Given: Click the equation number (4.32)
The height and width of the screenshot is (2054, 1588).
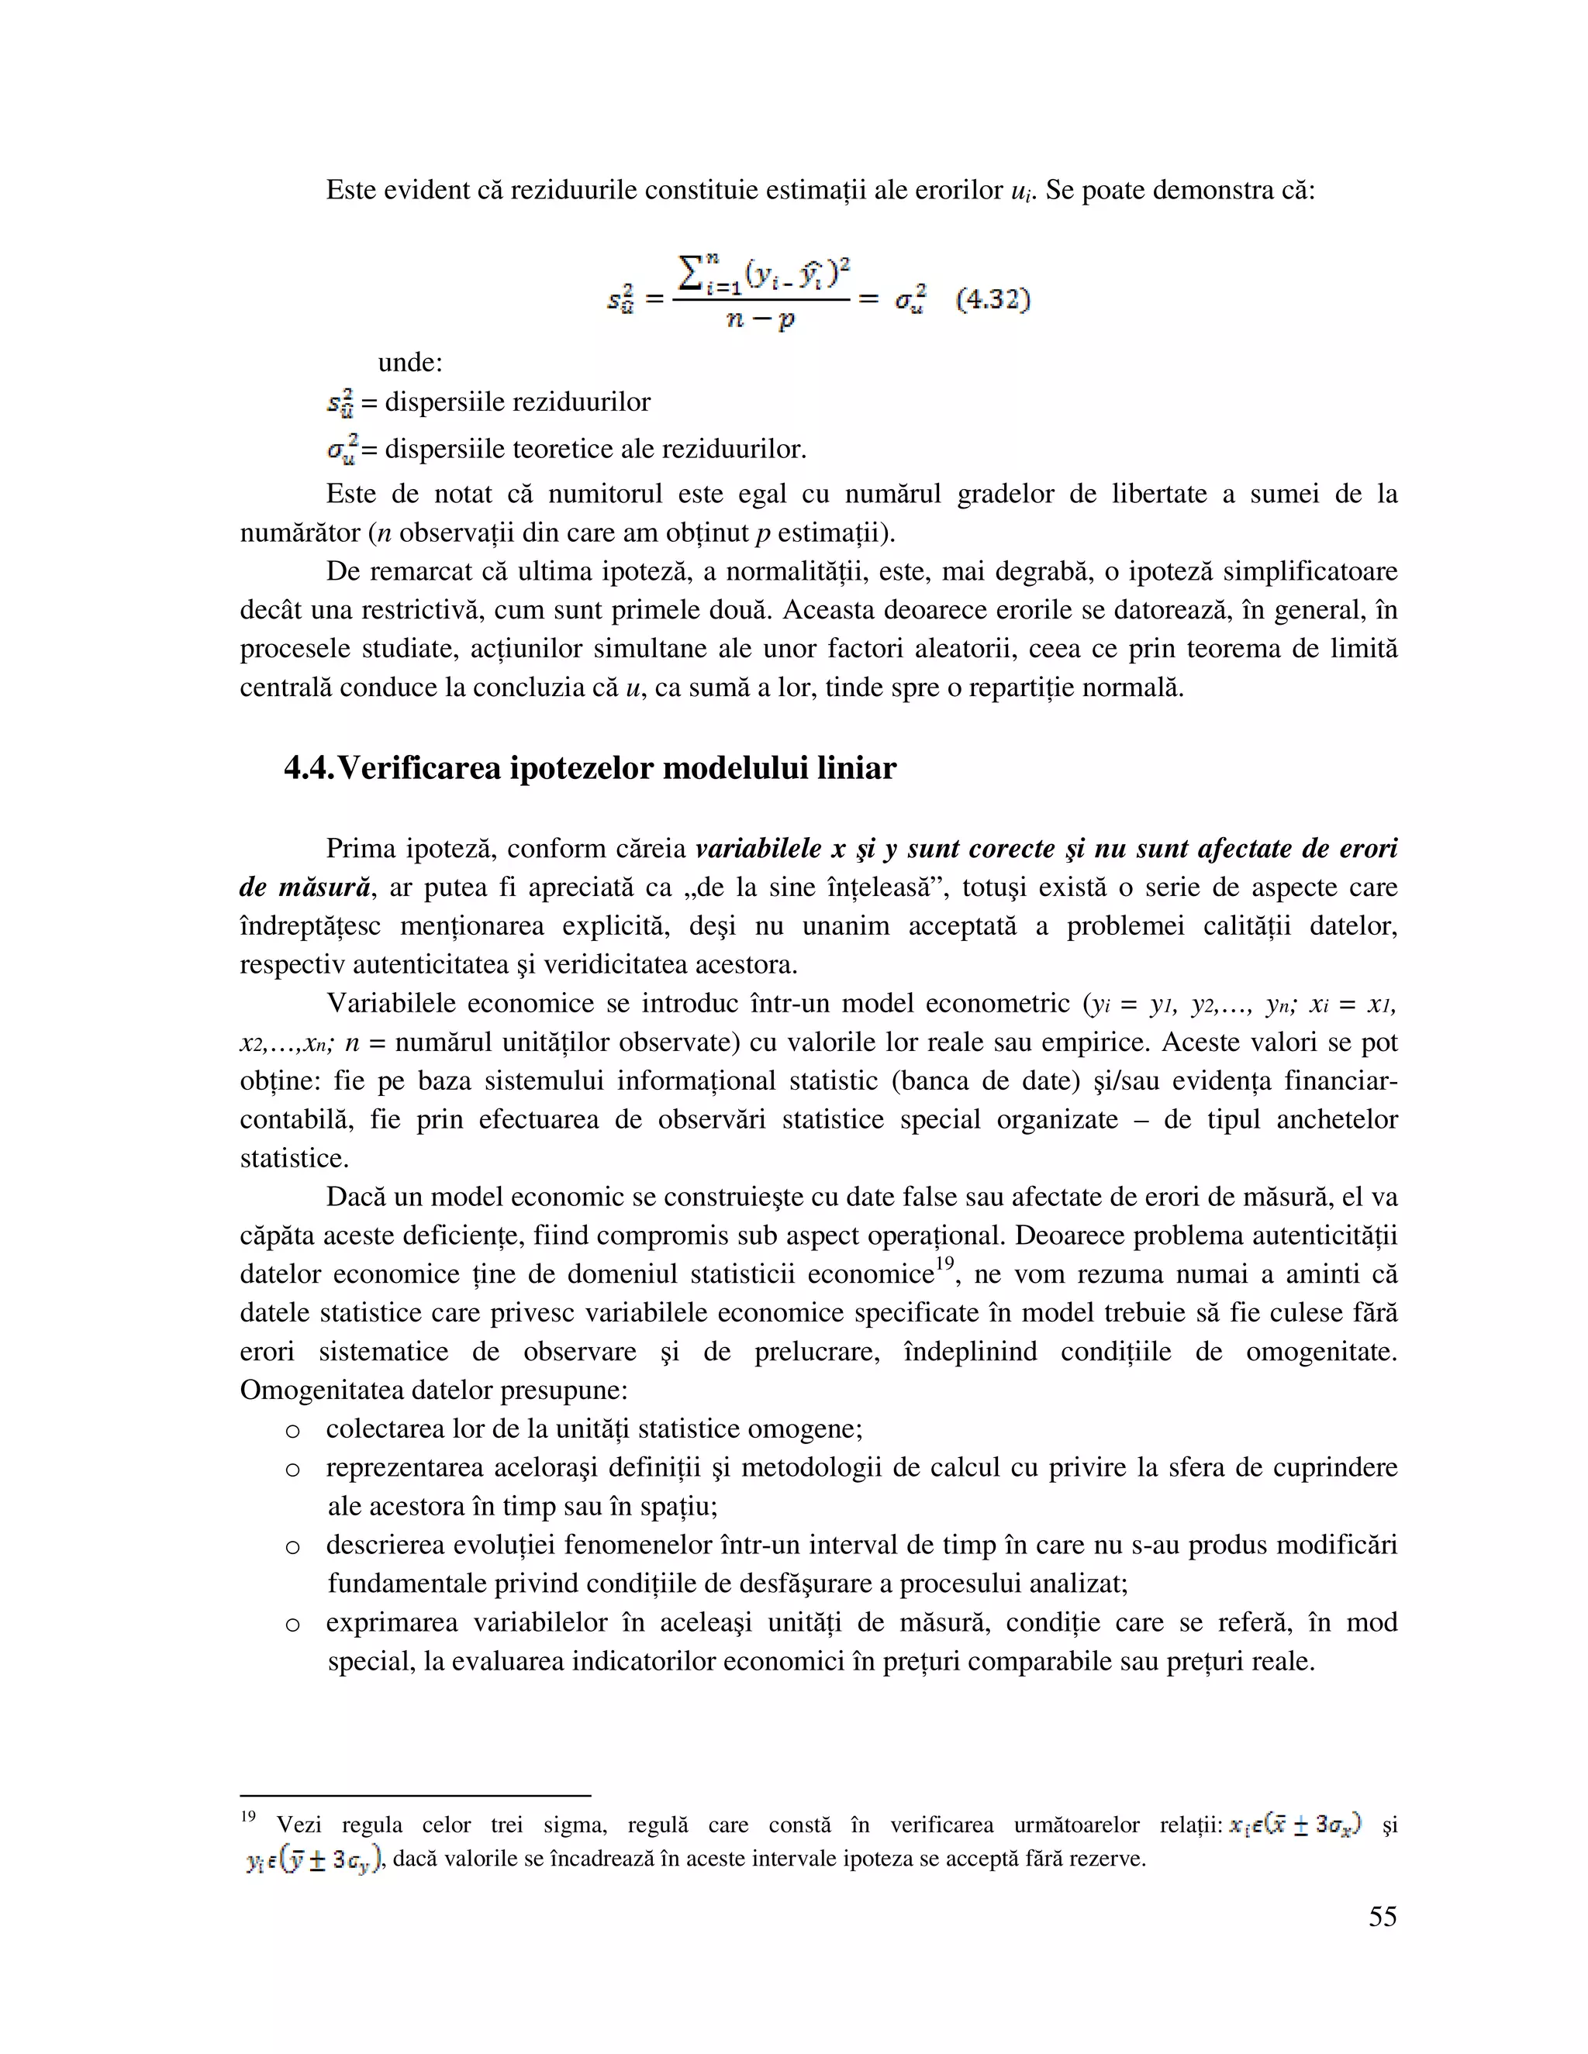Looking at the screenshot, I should click(x=993, y=300).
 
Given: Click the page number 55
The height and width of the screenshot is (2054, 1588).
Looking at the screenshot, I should click(x=1382, y=1916).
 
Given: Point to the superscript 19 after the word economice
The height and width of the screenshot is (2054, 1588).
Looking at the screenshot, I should click(x=944, y=1263).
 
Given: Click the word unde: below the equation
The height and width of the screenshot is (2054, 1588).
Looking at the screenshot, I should click(x=409, y=362).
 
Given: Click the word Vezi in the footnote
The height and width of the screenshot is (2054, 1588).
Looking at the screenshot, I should click(x=299, y=1825).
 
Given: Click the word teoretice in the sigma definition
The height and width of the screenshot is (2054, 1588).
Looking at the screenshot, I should click(x=568, y=449).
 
